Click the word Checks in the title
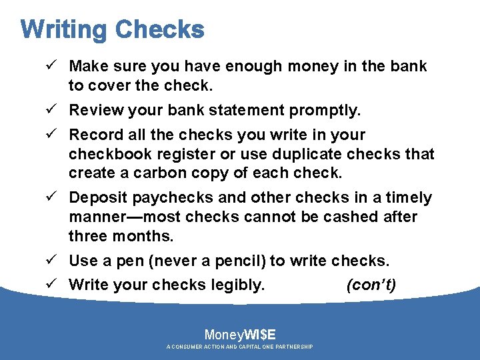(159, 30)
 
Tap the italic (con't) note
(371, 285)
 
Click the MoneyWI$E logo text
(240, 335)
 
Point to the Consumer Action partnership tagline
(240, 347)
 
